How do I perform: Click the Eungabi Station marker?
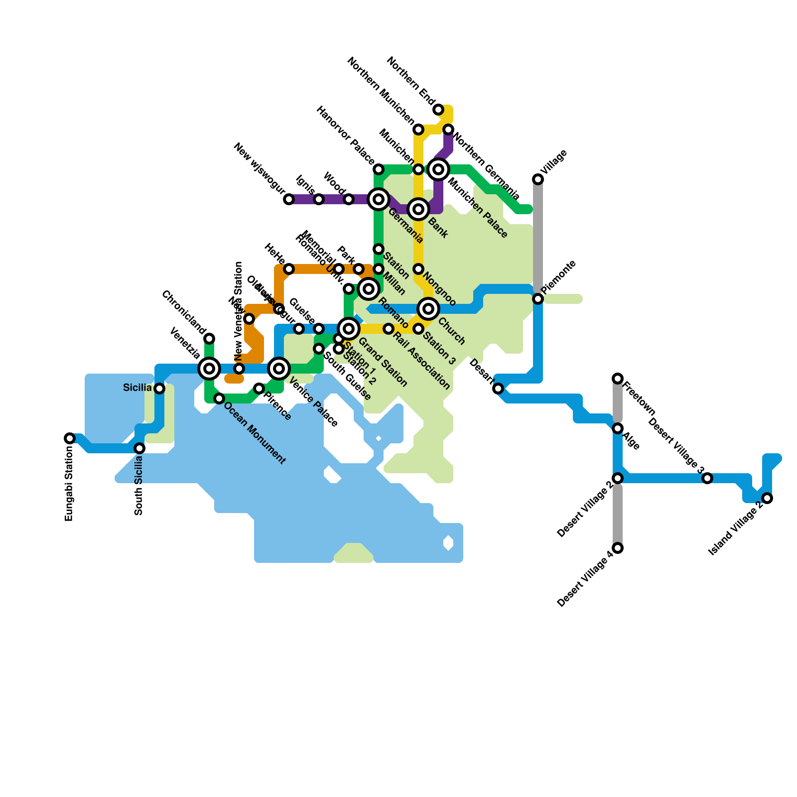[70, 438]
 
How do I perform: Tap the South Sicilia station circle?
[139, 448]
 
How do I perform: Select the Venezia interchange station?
[209, 369]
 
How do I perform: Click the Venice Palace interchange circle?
[279, 369]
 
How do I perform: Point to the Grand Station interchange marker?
[349, 329]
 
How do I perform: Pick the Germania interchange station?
[379, 199]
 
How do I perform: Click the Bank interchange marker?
[418, 209]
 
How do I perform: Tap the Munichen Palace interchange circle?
[438, 169]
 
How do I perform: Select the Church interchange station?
[428, 309]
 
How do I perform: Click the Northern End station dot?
[438, 110]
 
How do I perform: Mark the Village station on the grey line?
[538, 179]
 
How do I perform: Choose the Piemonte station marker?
[538, 299]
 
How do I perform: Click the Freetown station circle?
[618, 379]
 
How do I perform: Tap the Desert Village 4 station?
[618, 548]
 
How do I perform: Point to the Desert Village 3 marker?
[707, 478]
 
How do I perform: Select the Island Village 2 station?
[767, 498]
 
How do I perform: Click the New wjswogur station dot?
[289, 199]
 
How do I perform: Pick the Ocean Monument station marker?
[219, 398]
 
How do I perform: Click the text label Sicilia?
[137, 388]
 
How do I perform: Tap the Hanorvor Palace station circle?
[379, 169]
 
